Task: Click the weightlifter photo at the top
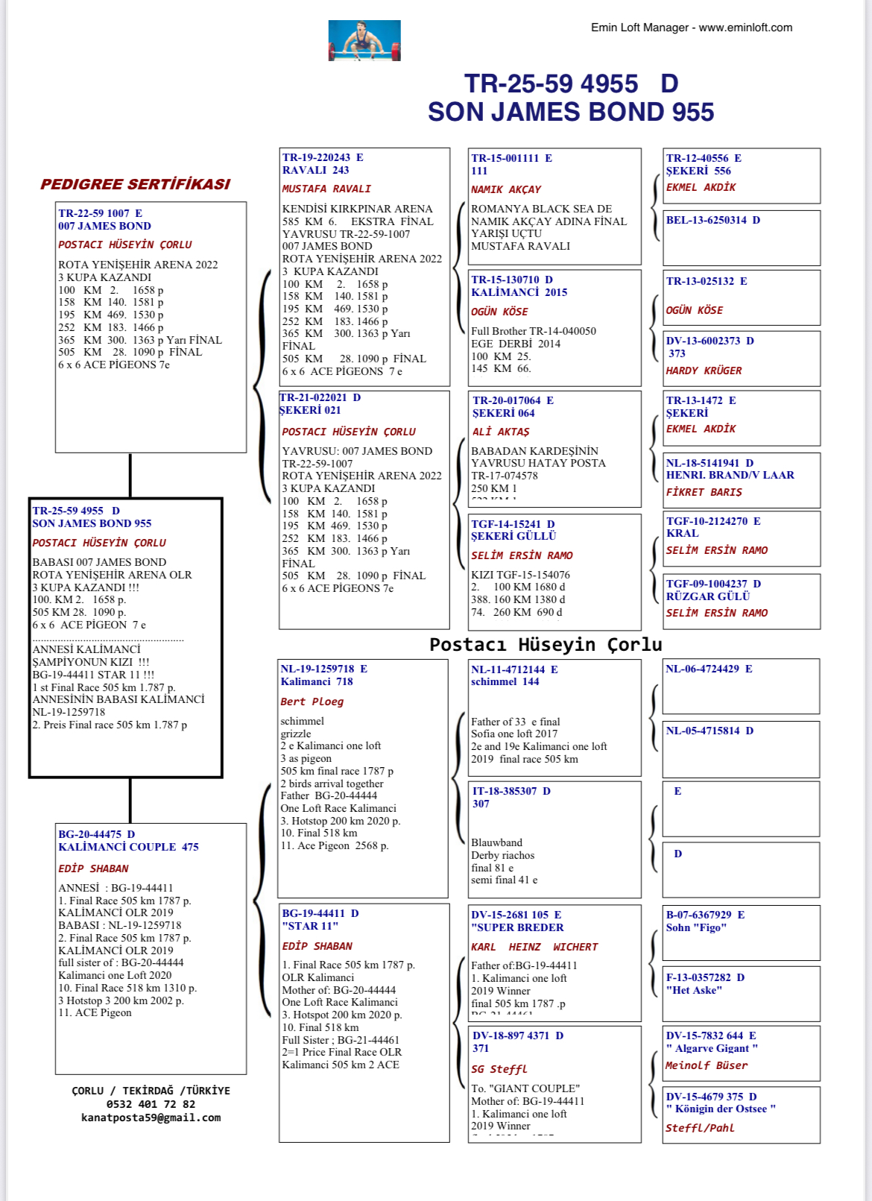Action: coord(364,40)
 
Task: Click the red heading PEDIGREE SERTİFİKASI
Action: coord(135,184)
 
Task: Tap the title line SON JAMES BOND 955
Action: coord(570,112)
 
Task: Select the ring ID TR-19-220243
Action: coord(317,157)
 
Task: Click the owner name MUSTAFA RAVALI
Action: coord(326,189)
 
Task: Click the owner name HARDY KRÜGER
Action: coord(704,371)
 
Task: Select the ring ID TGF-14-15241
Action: coord(508,524)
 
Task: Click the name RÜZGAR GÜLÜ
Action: coord(708,596)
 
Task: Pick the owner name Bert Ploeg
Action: coord(312,702)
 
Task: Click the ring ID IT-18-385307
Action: coord(504,791)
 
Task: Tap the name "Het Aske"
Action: coord(694,990)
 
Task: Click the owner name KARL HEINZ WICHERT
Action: coord(534,947)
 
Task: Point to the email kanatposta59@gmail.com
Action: coord(151,1118)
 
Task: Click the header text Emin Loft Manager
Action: coord(639,28)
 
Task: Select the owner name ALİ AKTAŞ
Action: coord(501,432)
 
